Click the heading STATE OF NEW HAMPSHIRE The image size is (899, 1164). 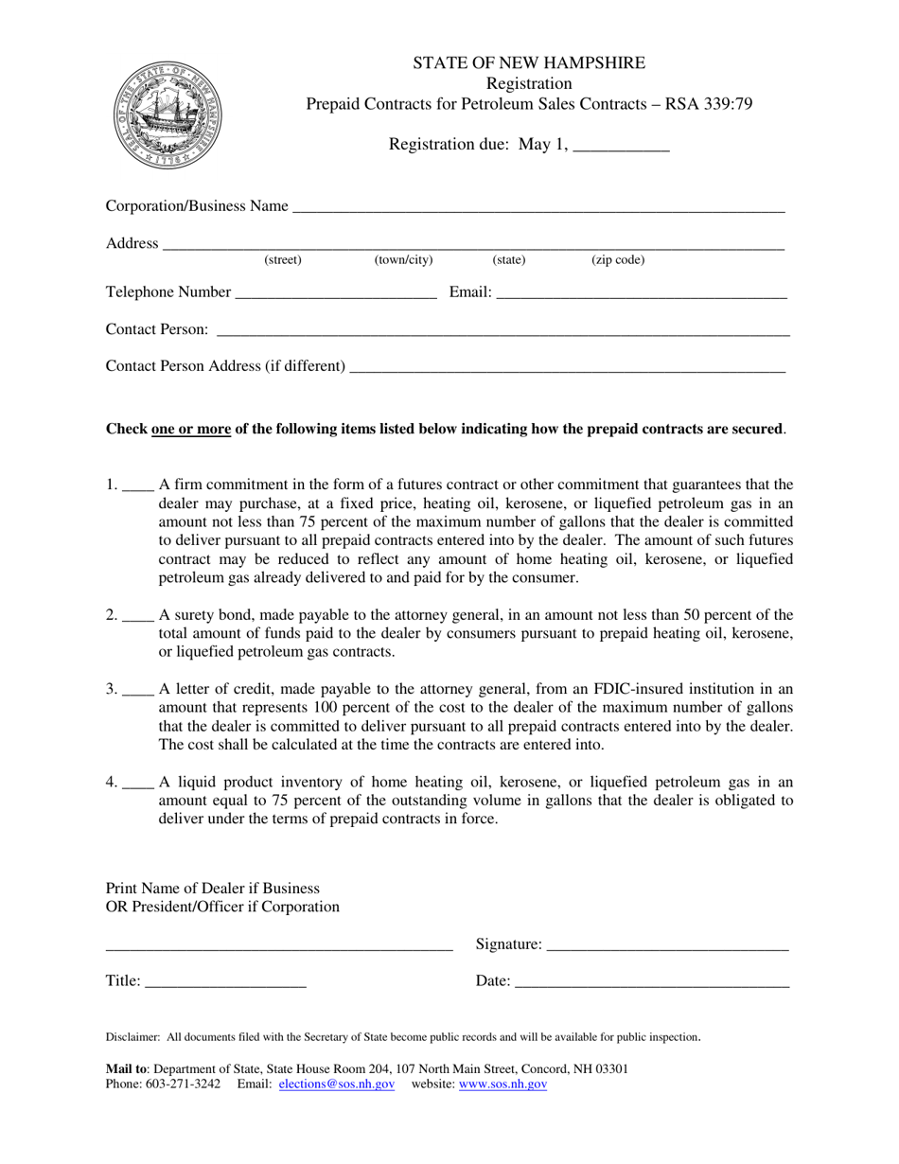point(529,63)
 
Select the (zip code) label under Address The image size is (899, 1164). point(618,260)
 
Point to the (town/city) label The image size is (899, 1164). point(404,260)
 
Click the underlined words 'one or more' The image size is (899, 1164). point(191,429)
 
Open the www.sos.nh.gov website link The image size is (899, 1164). point(502,1085)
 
